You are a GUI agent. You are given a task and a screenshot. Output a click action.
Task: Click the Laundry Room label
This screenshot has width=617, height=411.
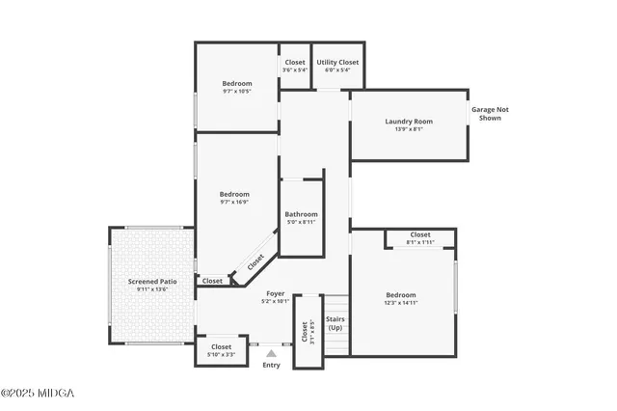coord(409,122)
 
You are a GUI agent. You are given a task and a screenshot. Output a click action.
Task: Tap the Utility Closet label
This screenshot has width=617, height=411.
coord(338,62)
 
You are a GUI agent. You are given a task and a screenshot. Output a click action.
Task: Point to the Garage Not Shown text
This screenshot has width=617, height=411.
coord(490,114)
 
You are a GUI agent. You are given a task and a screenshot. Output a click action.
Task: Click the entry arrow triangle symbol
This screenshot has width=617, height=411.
coord(271,353)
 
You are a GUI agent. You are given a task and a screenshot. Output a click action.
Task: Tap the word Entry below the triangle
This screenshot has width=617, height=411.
coord(271,365)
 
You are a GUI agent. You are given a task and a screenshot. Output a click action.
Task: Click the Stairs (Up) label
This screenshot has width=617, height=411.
coord(335,323)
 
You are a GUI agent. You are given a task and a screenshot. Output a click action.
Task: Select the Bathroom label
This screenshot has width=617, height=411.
coord(301,214)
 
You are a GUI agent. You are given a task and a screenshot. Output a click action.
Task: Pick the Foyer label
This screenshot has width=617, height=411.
coord(275,293)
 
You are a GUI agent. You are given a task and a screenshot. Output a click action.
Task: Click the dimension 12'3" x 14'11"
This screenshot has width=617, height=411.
coord(401,303)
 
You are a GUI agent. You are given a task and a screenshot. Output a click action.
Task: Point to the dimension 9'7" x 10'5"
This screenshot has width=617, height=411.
coord(236,92)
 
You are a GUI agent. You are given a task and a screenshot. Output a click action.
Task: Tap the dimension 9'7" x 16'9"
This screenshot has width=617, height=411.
coord(233,202)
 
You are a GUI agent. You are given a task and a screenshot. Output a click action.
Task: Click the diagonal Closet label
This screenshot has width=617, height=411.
coord(255,261)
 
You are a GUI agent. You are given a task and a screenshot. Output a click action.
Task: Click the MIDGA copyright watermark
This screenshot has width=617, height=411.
coord(37,393)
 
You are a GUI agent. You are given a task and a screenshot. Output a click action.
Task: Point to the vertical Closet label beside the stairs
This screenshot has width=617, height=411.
coord(305,331)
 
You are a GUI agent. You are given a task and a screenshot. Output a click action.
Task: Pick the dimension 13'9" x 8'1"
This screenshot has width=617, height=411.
coord(409,128)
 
